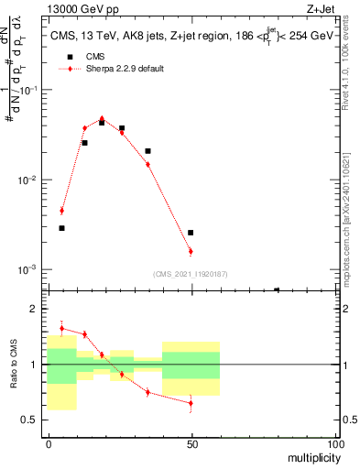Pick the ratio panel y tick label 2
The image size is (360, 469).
[x=34, y=309]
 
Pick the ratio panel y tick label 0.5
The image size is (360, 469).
[x=30, y=420]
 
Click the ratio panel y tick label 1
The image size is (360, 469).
[x=34, y=365]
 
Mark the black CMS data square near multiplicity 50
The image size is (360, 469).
[x=191, y=233]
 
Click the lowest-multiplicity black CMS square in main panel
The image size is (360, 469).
[x=61, y=228]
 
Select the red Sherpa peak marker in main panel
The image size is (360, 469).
[x=102, y=118]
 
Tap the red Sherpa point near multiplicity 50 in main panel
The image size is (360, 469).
[x=191, y=251]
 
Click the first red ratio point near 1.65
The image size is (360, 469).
[x=61, y=328]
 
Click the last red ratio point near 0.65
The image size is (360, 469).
[x=191, y=403]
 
